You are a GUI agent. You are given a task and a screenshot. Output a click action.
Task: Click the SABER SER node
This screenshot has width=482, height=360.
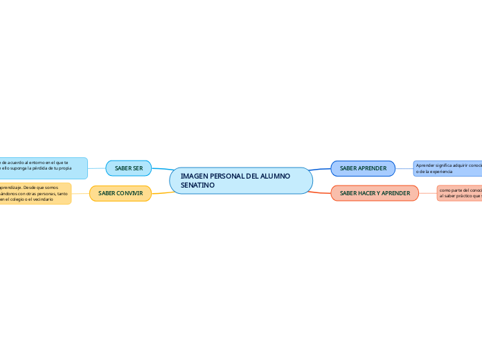pos(128,168)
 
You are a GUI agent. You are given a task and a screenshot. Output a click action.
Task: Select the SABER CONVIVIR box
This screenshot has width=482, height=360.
pos(120,193)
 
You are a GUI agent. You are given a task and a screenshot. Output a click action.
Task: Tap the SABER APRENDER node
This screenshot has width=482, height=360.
pos(363,168)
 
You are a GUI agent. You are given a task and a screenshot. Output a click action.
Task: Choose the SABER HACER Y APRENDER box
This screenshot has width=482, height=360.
pos(375,193)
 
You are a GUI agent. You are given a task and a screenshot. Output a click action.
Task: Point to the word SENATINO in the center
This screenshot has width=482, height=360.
pos(197,186)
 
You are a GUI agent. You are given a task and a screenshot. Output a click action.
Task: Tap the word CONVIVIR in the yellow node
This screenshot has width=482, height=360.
pos(130,193)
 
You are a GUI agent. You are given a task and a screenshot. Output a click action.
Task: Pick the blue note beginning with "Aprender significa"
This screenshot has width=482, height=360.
pos(447,168)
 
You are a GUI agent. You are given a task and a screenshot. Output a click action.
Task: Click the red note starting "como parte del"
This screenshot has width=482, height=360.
pos(459,193)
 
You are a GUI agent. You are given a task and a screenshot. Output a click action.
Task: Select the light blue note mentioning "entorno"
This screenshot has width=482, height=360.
pos(44,168)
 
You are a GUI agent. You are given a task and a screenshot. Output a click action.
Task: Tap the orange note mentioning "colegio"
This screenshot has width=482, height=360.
pos(35,193)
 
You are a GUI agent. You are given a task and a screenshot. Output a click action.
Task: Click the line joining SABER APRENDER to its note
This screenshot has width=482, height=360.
pos(404,168)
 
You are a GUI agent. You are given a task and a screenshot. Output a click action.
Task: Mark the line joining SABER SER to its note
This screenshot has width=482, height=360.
pos(96,168)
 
